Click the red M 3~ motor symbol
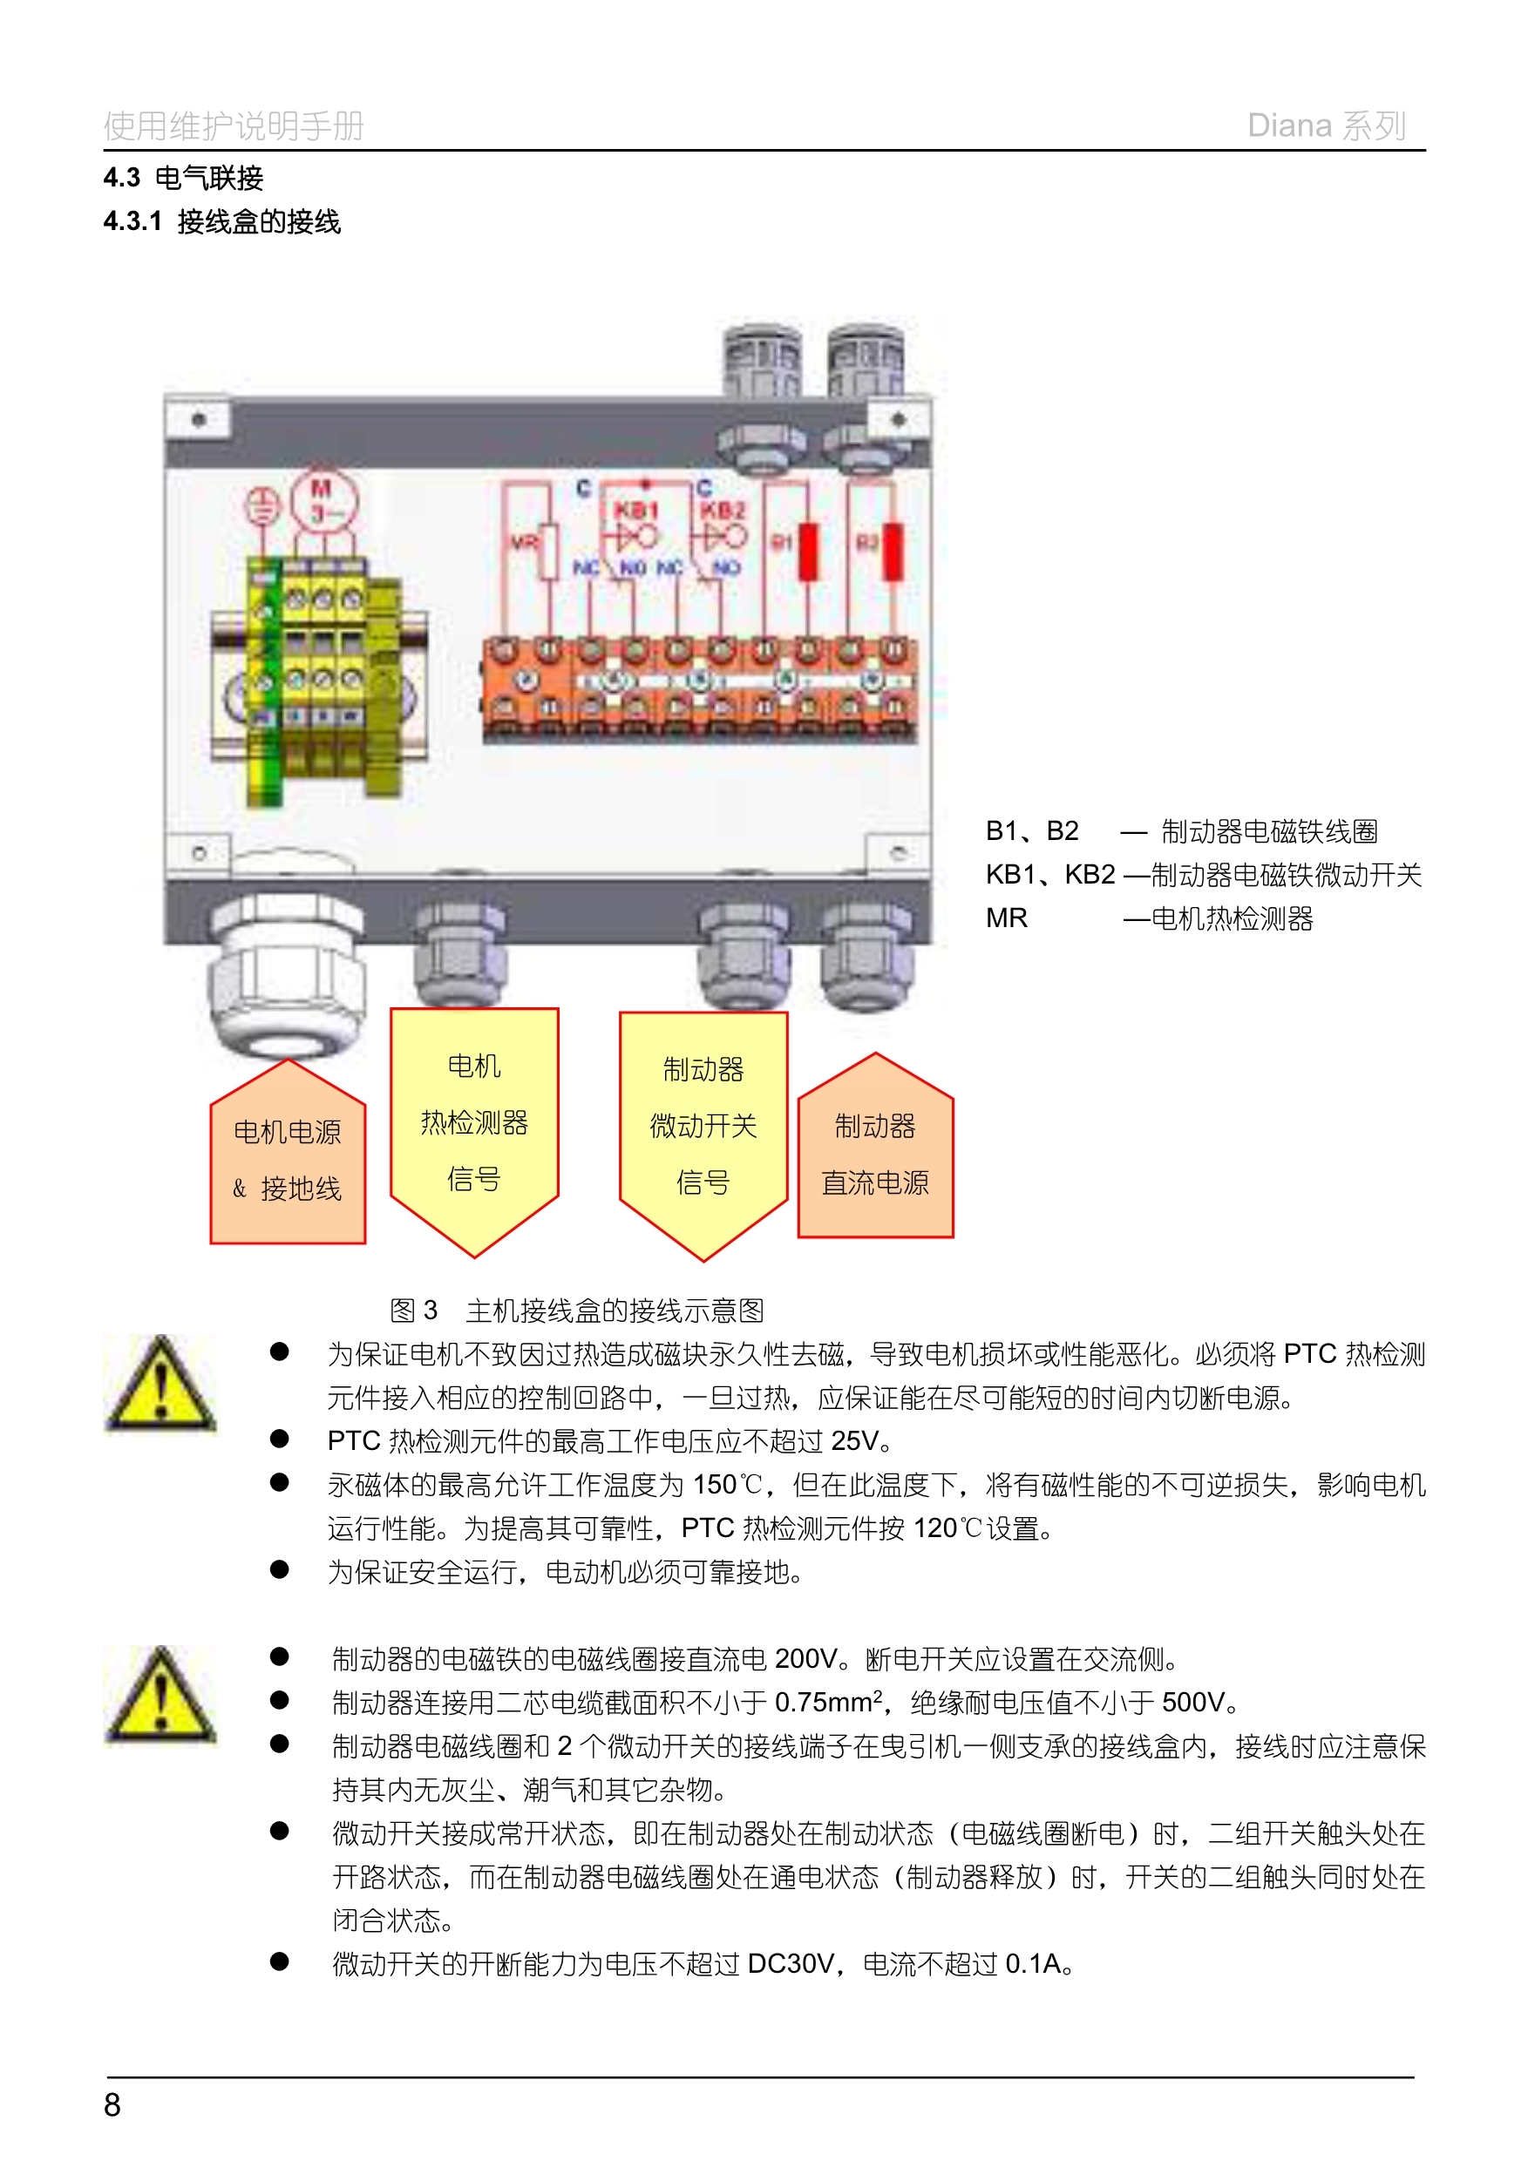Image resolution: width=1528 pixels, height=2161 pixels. pyautogui.click(x=323, y=501)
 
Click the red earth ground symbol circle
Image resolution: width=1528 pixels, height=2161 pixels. pyautogui.click(x=262, y=506)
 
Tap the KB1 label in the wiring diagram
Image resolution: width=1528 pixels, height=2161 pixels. pyautogui.click(x=635, y=510)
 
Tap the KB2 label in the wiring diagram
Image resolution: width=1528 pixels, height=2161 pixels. pyautogui.click(x=723, y=510)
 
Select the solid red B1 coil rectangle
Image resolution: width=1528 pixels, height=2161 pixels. pyautogui.click(x=808, y=551)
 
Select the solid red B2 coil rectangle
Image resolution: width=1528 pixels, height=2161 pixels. pyautogui.click(x=893, y=551)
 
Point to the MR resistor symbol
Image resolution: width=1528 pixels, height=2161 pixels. pyautogui.click(x=548, y=552)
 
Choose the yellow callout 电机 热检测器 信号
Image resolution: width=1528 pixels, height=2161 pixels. pyautogui.click(x=474, y=1122)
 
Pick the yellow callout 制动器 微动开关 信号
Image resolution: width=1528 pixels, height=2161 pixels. pyautogui.click(x=703, y=1126)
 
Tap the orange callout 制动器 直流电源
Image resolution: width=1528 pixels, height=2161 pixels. pyautogui.click(x=875, y=1154)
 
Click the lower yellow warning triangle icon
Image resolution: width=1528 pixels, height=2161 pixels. pyautogui.click(x=161, y=1696)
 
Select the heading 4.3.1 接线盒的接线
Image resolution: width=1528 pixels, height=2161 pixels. pyautogui.click(x=222, y=222)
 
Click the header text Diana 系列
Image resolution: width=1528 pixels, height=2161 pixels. pyautogui.click(x=1326, y=126)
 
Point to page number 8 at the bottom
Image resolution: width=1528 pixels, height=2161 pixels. pyautogui.click(x=112, y=2104)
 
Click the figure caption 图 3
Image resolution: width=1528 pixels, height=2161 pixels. pyautogui.click(x=414, y=1311)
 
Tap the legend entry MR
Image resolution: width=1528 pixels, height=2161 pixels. pyautogui.click(x=1007, y=918)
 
